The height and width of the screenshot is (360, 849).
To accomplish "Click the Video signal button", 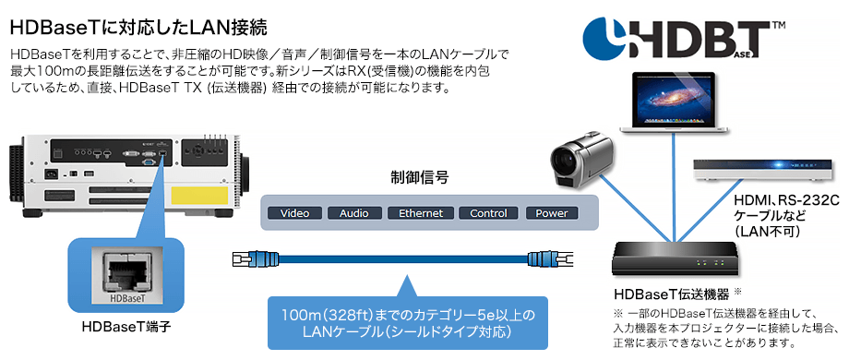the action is pos(294,213).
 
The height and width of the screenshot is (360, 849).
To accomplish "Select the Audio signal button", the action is pos(353,213).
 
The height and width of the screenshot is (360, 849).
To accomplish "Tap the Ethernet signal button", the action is pos(421,213).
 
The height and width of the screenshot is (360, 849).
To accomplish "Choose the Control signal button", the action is pos(487,213).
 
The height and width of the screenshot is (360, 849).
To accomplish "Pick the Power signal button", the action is pos(552,213).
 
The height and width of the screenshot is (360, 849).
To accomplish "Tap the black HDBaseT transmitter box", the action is pos(676,255).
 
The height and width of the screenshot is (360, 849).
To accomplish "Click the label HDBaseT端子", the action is pos(126,327).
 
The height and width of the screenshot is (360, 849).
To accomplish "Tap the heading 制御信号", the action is pos(419,177).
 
